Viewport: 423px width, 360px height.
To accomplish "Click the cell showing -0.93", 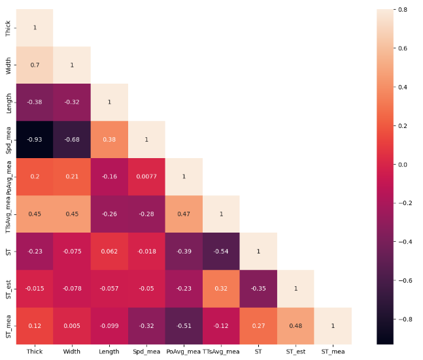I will [x=35, y=140].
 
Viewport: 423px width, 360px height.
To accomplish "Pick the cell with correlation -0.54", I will [x=221, y=252].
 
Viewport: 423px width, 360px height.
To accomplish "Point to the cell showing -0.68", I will [x=72, y=140].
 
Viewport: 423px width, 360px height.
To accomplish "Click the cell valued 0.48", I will [x=296, y=326].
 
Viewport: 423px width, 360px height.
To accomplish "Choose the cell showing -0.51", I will [x=184, y=326].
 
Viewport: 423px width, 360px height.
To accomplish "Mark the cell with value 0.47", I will [x=184, y=214].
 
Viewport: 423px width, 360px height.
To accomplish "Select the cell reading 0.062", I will [x=109, y=252].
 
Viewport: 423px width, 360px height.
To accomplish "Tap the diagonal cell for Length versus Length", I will [x=109, y=103].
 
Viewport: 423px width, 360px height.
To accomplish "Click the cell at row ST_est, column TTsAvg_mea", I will [x=221, y=289].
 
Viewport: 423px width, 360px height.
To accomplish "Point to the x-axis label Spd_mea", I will [x=146, y=352].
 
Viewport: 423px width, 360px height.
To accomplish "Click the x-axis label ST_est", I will [x=296, y=352].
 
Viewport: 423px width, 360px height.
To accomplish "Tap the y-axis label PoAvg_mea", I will [x=8, y=177].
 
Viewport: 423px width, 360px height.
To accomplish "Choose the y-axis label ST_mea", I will [x=8, y=326].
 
